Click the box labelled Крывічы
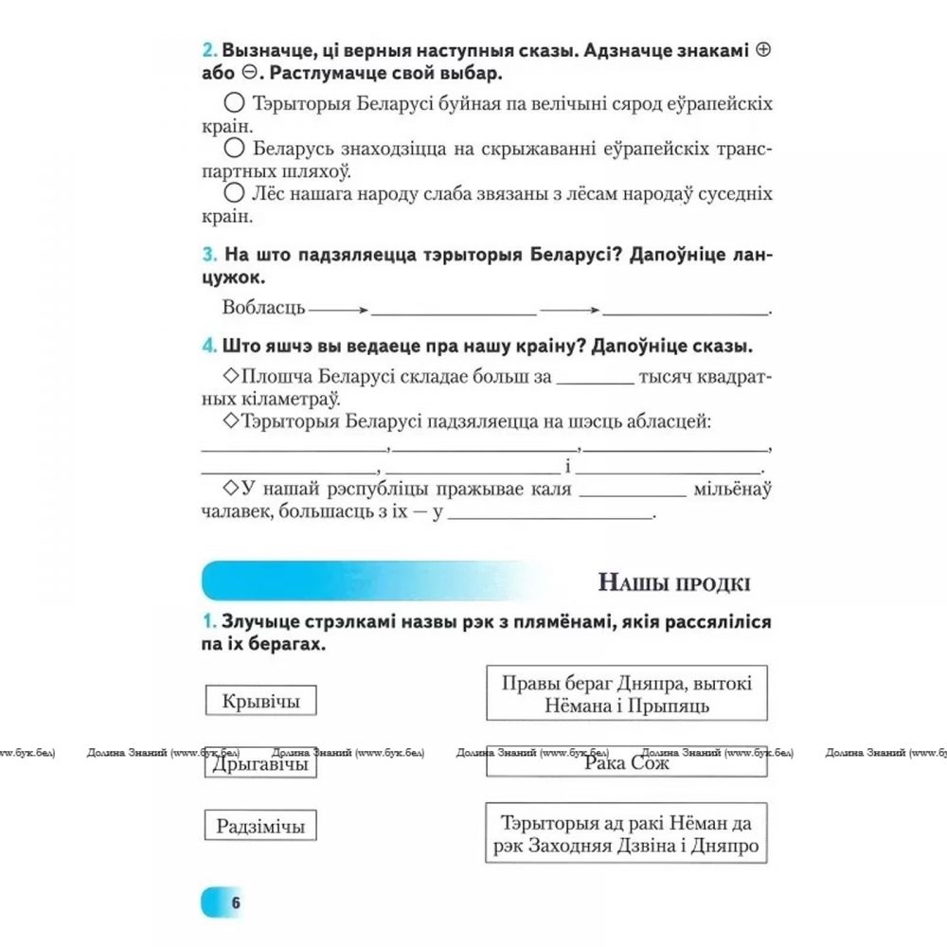[x=260, y=701]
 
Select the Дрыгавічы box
[x=260, y=763]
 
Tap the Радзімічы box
[x=260, y=826]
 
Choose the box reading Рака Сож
[x=626, y=761]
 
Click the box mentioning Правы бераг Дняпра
[x=626, y=693]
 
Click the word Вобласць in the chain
[x=263, y=308]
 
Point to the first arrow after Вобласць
[x=337, y=309]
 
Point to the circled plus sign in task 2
[x=764, y=51]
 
